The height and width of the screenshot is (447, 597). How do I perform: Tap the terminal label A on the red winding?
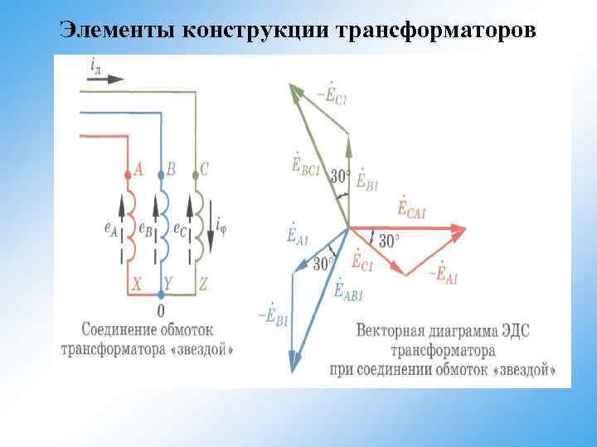[x=138, y=170]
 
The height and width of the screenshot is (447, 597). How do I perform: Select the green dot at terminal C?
[x=195, y=175]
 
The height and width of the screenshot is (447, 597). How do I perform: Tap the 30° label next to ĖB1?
[x=340, y=176]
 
